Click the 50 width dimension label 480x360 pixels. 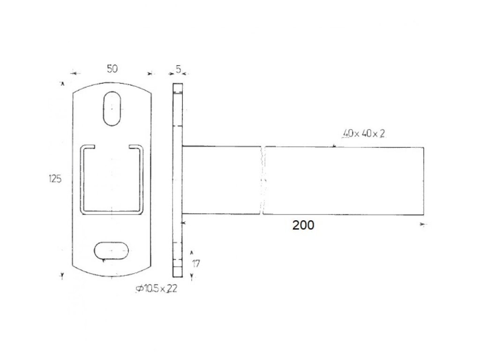pos(112,68)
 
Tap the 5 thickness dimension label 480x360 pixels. pos(178,69)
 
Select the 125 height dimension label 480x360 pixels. pos(55,179)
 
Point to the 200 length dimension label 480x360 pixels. pos(303,225)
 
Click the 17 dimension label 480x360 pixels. pos(196,263)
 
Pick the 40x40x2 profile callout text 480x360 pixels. pos(364,134)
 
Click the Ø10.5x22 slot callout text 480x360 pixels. pos(157,288)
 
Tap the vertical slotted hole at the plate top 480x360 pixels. pos(112,108)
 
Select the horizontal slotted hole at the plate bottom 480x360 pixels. pos(111,251)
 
